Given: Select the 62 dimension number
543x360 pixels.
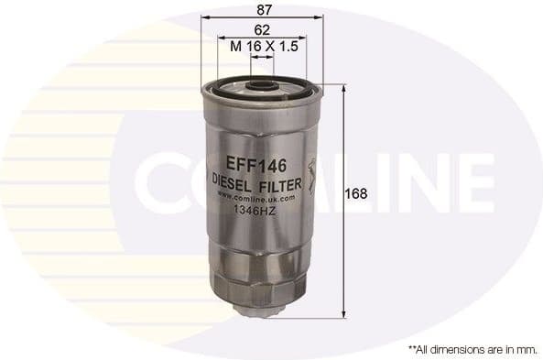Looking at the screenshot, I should tap(262, 28).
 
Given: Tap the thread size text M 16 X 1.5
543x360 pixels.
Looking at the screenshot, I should tap(263, 46).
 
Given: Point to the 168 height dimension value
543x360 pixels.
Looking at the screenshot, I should tap(356, 193).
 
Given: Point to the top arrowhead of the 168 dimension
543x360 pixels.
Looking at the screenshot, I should tap(343, 88).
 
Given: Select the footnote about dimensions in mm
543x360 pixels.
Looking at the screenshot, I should tap(472, 349).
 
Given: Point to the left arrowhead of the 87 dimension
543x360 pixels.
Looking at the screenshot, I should tap(203, 17).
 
